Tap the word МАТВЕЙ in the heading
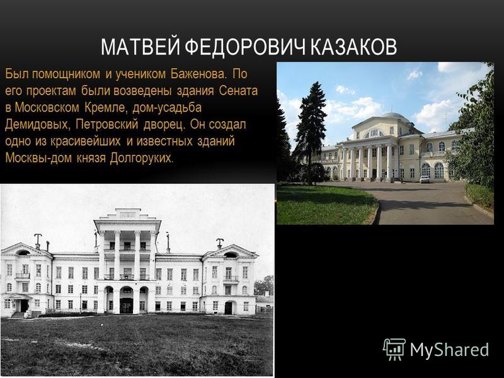[140, 47]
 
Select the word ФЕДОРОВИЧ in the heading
[245, 47]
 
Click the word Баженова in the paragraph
[198, 74]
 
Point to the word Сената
[238, 91]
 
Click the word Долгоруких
[141, 158]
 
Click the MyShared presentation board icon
[394, 350]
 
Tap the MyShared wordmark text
[449, 350]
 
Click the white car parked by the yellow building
[425, 180]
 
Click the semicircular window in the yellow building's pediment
[373, 133]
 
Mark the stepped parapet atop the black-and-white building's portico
[128, 214]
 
